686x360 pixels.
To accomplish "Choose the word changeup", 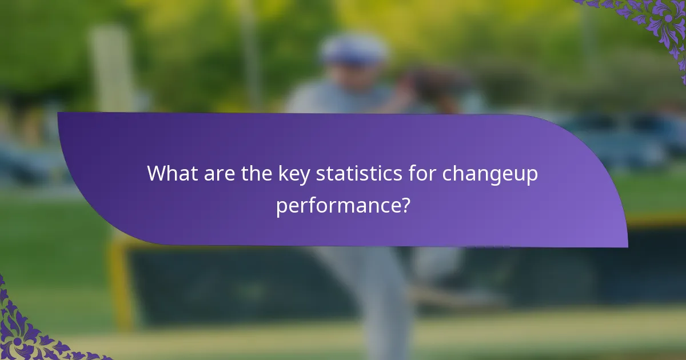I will [x=490, y=174].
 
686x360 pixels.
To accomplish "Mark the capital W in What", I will [x=157, y=174].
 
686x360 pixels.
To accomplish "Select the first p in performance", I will [x=281, y=207].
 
